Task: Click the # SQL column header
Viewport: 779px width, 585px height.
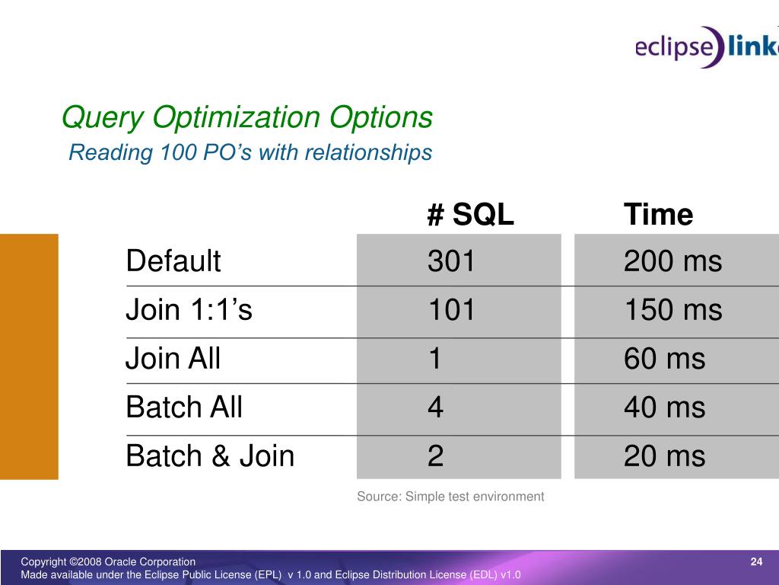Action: point(470,214)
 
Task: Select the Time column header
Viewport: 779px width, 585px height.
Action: point(658,214)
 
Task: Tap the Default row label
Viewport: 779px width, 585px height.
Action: point(173,261)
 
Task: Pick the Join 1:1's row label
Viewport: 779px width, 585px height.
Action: point(189,309)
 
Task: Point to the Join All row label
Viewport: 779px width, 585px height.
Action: point(173,358)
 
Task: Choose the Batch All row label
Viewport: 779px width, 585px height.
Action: point(184,407)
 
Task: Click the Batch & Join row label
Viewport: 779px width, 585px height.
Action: point(210,456)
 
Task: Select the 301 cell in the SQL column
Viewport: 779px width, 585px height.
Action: point(451,261)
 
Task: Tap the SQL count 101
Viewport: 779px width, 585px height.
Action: point(451,309)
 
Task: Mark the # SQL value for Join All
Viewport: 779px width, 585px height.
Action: point(435,358)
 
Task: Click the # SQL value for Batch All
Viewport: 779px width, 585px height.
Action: point(435,407)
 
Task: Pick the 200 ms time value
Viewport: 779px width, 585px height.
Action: point(672,261)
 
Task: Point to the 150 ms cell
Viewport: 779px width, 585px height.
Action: point(672,309)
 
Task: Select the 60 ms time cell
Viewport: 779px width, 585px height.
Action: point(665,358)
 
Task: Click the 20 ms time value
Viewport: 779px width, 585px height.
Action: point(665,456)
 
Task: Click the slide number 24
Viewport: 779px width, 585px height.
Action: point(756,561)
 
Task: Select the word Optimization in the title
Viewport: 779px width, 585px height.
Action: point(236,117)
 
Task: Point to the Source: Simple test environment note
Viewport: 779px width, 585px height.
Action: point(450,497)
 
